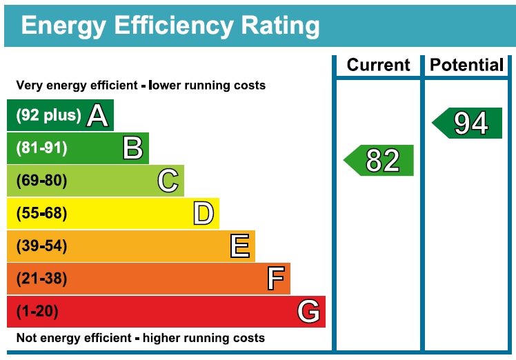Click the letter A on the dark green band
point(97,116)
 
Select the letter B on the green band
point(132,148)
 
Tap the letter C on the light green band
point(168,181)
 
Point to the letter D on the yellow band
point(204,214)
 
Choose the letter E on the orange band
point(239,246)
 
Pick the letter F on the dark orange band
point(275,279)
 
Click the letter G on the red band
point(309,312)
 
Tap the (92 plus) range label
point(48,115)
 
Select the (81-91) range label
point(42,148)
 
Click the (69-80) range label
point(42,181)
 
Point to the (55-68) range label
point(42,214)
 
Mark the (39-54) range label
point(42,246)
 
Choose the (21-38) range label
point(42,279)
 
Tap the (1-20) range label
point(37,312)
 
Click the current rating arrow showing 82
point(380,160)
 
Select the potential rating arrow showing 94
point(468,123)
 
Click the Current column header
point(378,66)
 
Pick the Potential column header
point(466,66)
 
